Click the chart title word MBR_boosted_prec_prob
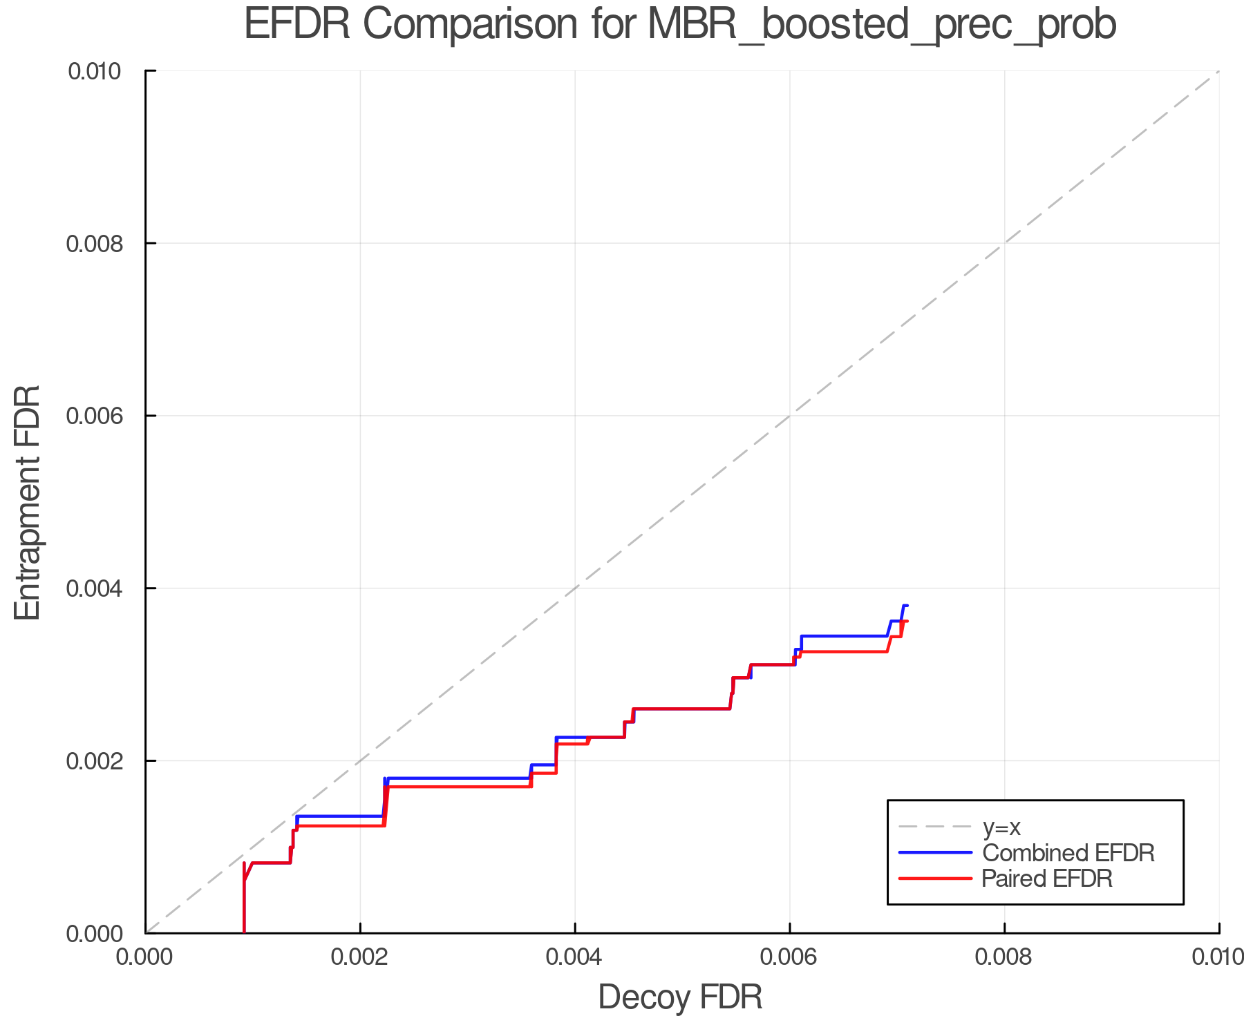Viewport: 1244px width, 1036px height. [882, 25]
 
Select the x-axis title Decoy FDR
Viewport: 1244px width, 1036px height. [680, 997]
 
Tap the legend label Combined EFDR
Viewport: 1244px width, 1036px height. [1068, 853]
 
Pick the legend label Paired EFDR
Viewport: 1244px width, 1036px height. [1047, 879]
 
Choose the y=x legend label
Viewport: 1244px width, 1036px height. [1001, 827]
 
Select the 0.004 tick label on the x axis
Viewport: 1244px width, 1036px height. [575, 957]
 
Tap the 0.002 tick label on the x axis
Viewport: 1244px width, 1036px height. [360, 957]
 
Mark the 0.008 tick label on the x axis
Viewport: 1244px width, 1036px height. [1004, 957]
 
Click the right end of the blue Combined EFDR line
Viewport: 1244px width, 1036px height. [907, 606]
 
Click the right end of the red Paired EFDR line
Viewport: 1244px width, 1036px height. [907, 622]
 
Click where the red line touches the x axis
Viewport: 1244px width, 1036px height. [244, 932]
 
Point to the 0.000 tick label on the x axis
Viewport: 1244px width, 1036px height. [146, 957]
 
